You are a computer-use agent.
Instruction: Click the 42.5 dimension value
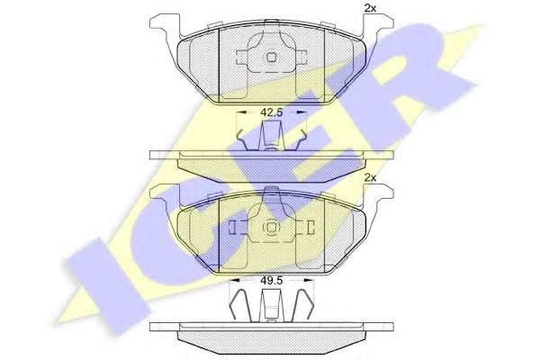point(272,112)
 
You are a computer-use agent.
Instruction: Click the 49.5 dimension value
point(272,281)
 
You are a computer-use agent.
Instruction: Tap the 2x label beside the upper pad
point(370,9)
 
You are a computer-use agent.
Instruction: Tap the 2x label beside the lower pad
point(370,178)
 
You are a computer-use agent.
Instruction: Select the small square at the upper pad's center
point(272,57)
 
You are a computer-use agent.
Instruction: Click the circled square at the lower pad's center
point(272,227)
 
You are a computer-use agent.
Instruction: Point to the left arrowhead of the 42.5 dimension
point(243,112)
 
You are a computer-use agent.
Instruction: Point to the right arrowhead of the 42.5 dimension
point(301,112)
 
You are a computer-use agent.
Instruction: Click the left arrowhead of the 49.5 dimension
point(234,281)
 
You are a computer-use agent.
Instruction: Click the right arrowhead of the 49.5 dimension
point(309,281)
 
